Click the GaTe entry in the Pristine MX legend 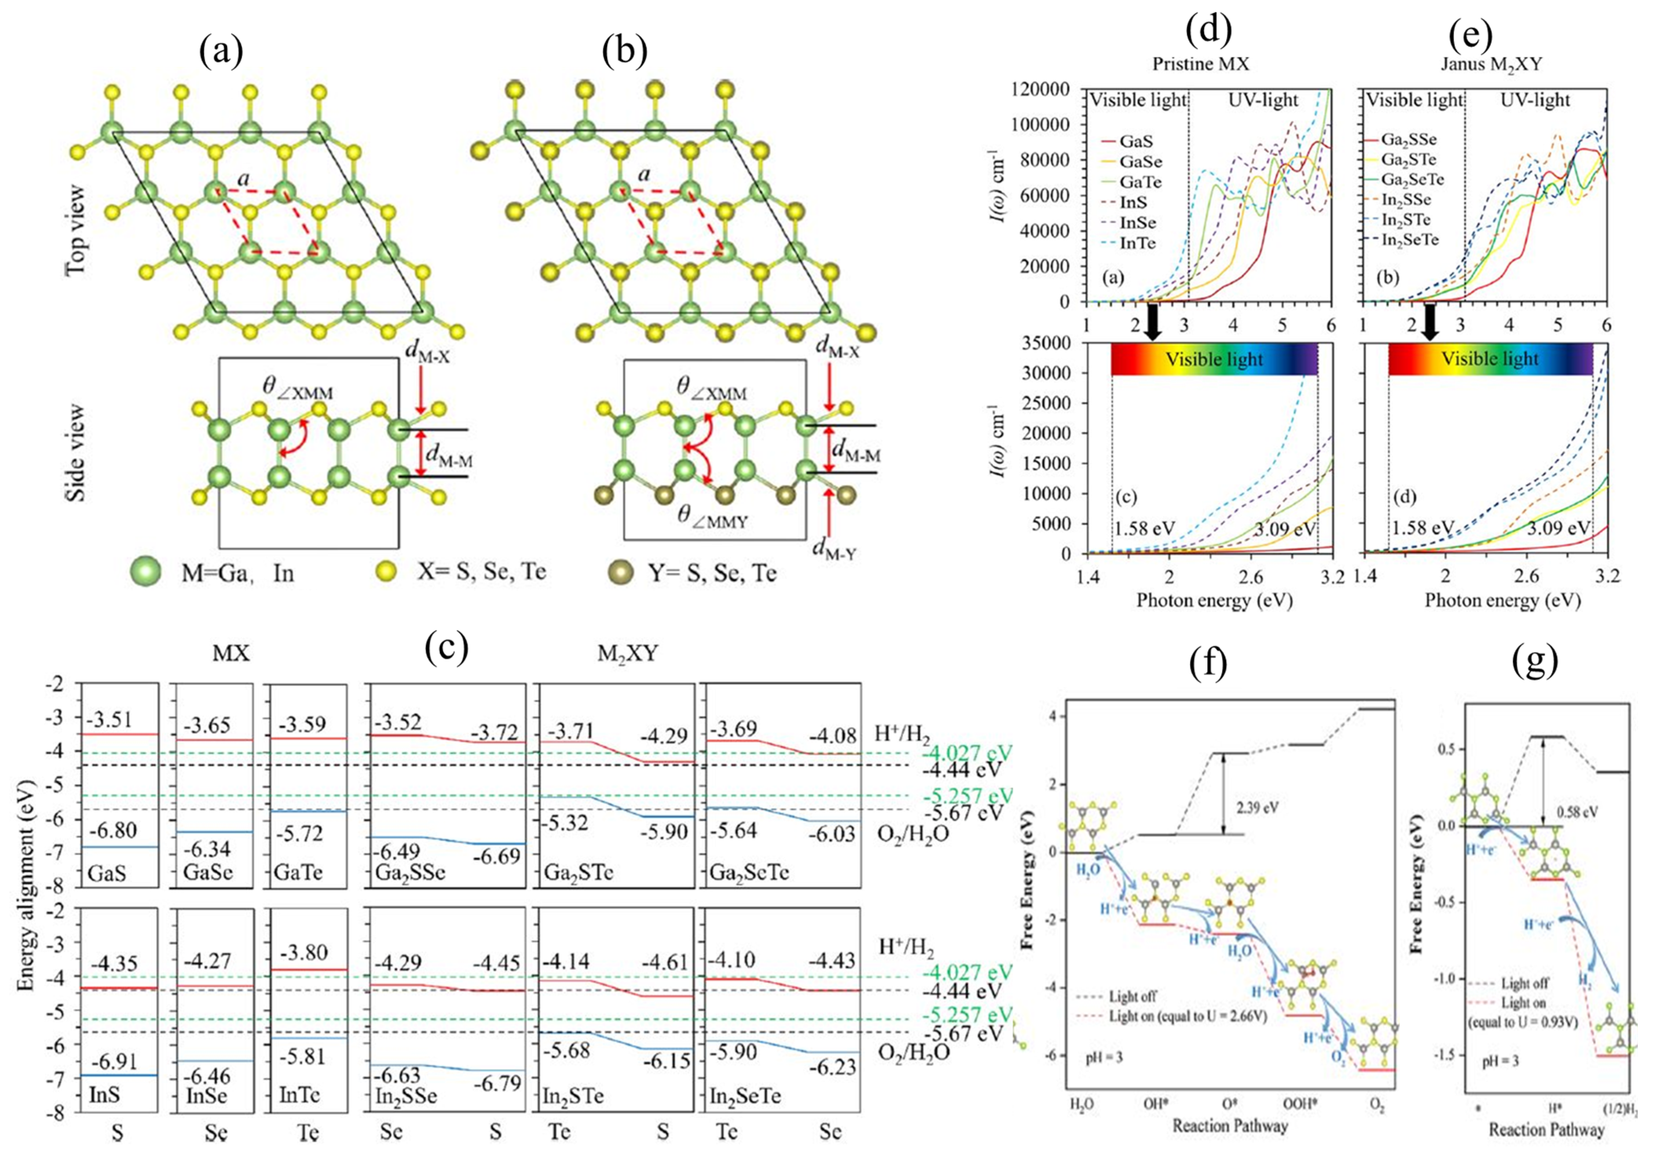pyautogui.click(x=1140, y=182)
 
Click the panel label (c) pyautogui.click(x=447, y=646)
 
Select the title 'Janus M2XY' pyautogui.click(x=1490, y=64)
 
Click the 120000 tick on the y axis pyautogui.click(x=1042, y=90)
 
